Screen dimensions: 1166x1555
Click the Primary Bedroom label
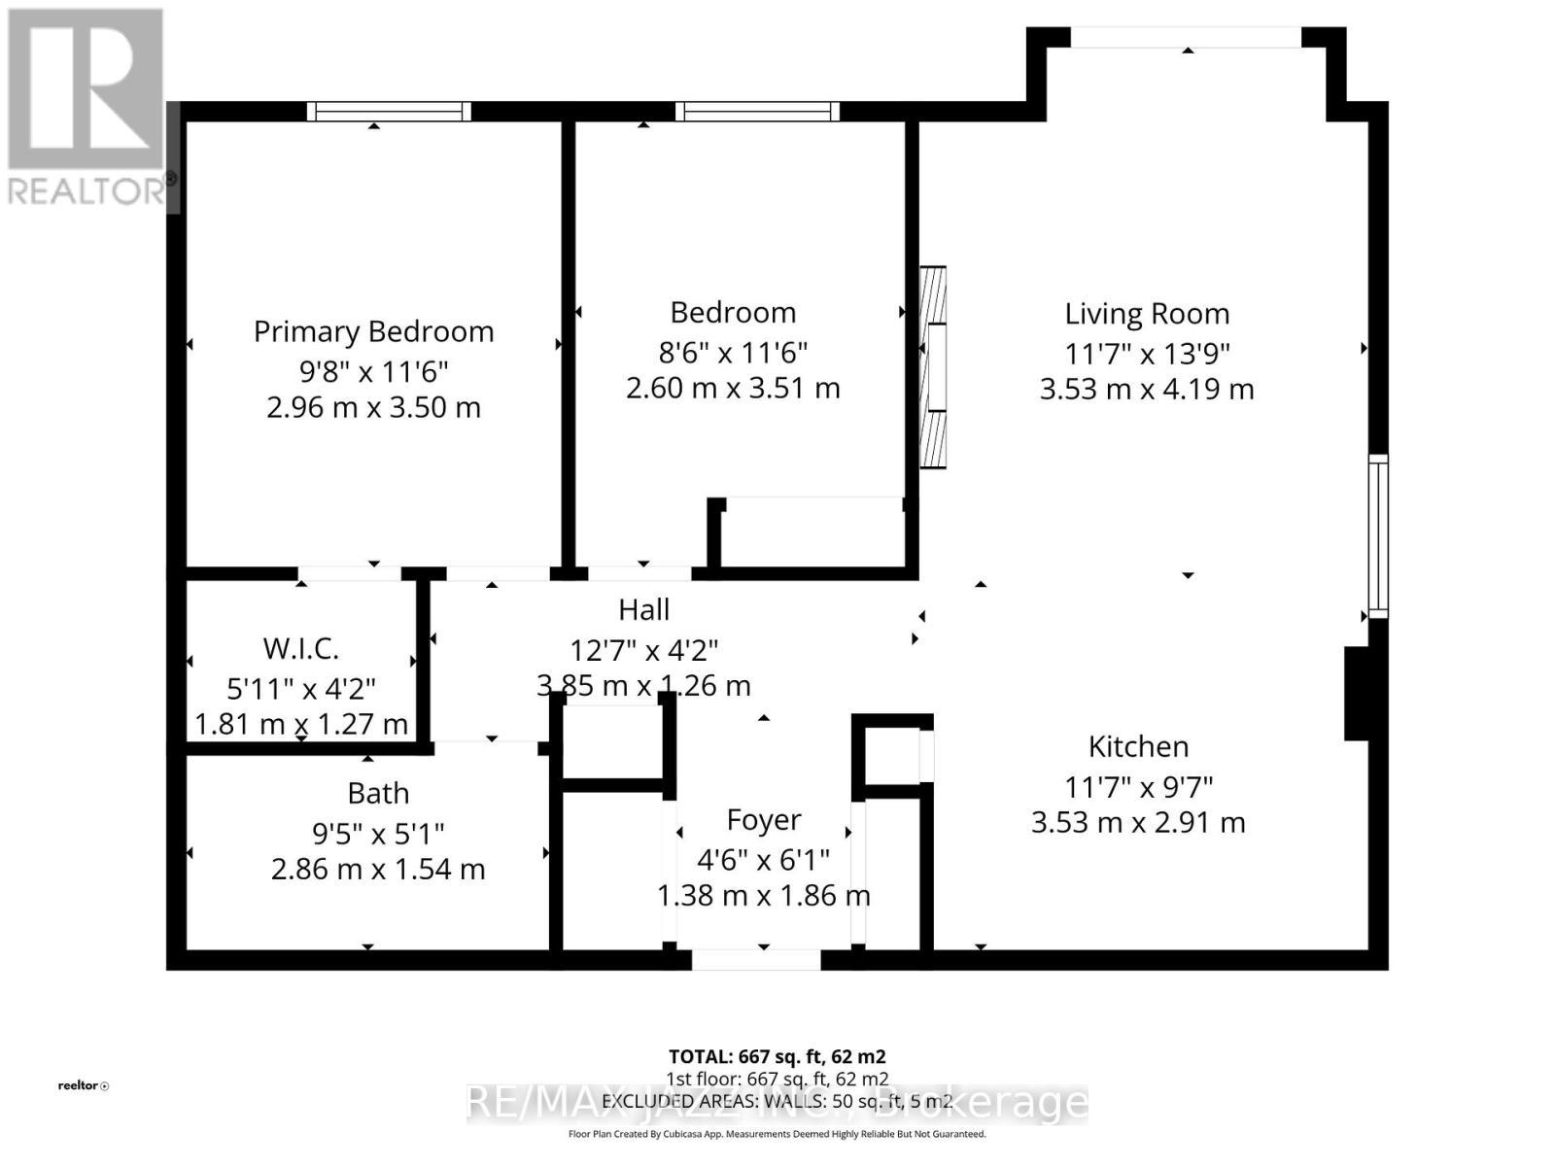(x=373, y=331)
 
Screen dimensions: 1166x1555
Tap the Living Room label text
(x=1147, y=314)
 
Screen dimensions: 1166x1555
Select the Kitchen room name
(x=1138, y=746)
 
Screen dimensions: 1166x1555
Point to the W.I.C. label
(x=300, y=648)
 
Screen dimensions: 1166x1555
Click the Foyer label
(x=764, y=820)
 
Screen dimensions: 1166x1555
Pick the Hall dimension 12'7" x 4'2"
(x=643, y=649)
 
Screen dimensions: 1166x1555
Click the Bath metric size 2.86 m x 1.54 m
(x=378, y=869)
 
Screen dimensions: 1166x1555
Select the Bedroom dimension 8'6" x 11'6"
(x=733, y=351)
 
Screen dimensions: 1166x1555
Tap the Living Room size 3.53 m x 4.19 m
(x=1147, y=389)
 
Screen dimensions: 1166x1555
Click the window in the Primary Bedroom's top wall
(x=389, y=112)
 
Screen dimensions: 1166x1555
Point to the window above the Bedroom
(x=757, y=112)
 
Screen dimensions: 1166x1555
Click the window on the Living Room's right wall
(x=1378, y=536)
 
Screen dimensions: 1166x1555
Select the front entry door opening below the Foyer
(x=756, y=960)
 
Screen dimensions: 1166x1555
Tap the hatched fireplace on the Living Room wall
(x=933, y=367)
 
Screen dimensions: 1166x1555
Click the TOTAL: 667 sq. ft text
(x=777, y=1056)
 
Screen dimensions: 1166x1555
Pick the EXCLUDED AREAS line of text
(x=777, y=1101)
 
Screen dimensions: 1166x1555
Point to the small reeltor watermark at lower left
(x=83, y=1085)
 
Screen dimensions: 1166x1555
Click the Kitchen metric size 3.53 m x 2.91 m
(x=1138, y=822)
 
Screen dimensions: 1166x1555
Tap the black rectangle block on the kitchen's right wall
(x=1357, y=694)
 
